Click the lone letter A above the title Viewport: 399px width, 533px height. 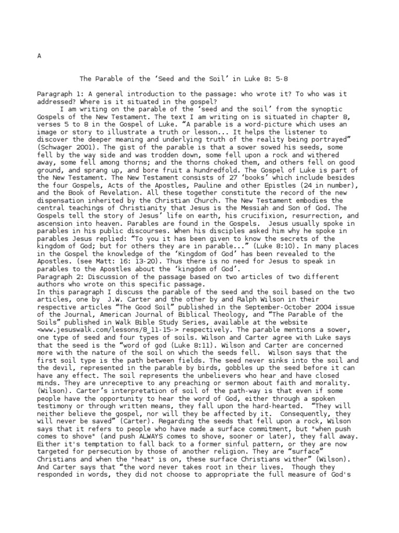coord(39,56)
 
